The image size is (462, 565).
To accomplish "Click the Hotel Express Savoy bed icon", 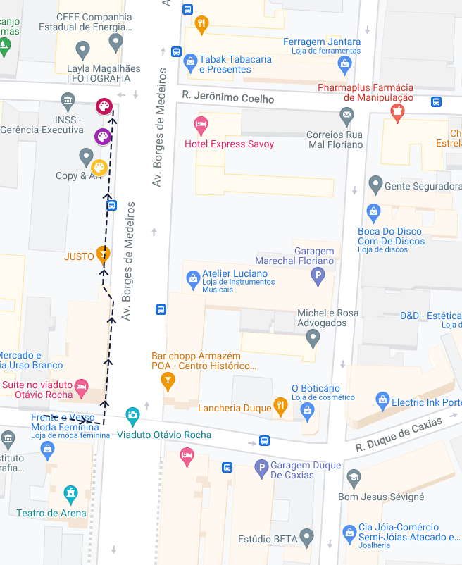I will click(201, 126).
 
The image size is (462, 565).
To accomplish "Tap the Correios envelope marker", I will click(347, 114).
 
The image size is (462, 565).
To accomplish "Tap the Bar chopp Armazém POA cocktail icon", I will click(167, 381).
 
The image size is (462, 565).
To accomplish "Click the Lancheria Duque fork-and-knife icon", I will click(280, 406).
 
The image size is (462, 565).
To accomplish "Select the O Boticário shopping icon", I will click(307, 410).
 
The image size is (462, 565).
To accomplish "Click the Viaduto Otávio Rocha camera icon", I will click(132, 415).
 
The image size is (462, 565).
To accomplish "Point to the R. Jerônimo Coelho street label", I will click(227, 99).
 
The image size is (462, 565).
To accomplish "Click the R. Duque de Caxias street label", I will click(399, 435).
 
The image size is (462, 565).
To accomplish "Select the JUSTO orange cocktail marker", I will click(104, 254).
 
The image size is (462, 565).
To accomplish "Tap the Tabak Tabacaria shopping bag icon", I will click(190, 63).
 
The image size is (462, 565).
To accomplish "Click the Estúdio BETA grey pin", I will click(306, 537).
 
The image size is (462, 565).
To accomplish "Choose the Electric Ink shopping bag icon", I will click(382, 400).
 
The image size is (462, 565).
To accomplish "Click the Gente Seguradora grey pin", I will click(375, 185).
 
